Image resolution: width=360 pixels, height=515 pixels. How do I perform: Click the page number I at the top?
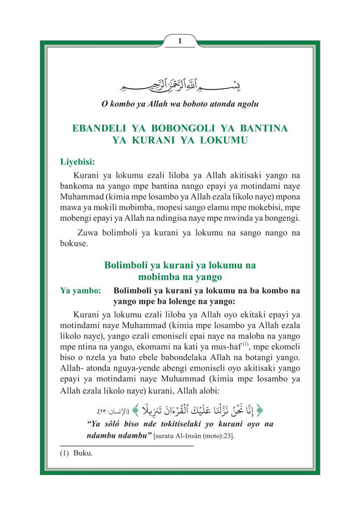(180, 41)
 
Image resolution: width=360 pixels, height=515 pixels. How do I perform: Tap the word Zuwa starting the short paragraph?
(88, 233)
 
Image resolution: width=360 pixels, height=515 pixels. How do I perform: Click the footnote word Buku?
(83, 453)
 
